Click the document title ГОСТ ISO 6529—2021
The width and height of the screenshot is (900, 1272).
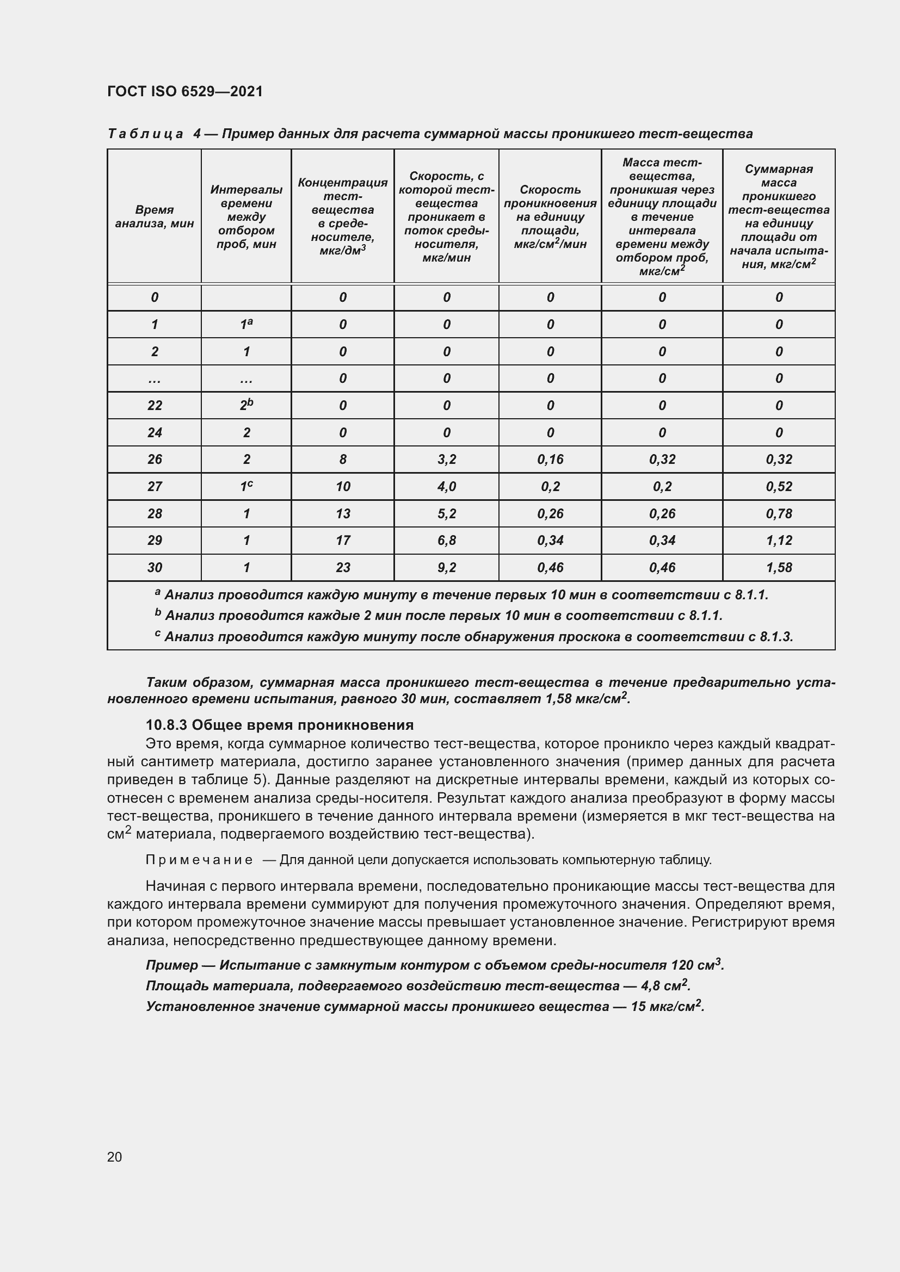point(184,91)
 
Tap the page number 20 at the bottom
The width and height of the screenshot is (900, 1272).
point(115,1157)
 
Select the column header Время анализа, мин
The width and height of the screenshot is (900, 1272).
point(154,216)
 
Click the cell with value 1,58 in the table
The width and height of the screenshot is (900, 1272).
point(779,567)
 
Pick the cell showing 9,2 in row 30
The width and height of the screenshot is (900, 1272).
point(446,567)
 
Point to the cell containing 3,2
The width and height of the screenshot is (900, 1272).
point(446,460)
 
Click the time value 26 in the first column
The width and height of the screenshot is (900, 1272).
point(155,460)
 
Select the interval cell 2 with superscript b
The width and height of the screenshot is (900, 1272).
point(246,405)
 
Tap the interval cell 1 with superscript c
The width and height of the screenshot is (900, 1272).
point(246,486)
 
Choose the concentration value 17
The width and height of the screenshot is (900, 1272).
point(342,540)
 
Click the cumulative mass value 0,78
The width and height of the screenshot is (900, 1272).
point(779,513)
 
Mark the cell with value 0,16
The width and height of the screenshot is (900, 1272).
point(550,460)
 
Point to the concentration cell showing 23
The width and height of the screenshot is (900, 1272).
point(342,567)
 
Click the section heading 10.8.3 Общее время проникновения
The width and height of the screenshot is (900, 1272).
point(279,724)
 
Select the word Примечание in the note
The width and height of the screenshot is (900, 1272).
point(199,860)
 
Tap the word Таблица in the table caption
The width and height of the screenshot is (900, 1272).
point(145,134)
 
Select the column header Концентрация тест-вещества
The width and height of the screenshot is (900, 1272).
point(342,216)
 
